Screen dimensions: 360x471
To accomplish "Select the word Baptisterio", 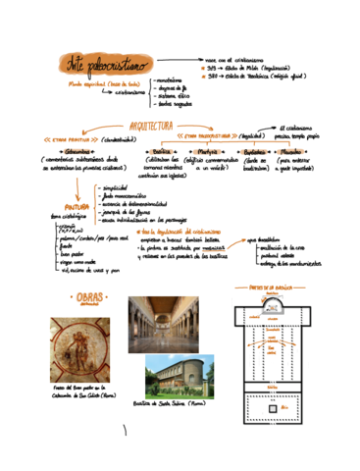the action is pyautogui.click(x=253, y=152).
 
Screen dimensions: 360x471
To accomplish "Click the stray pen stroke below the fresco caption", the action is pyautogui.click(x=125, y=430).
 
